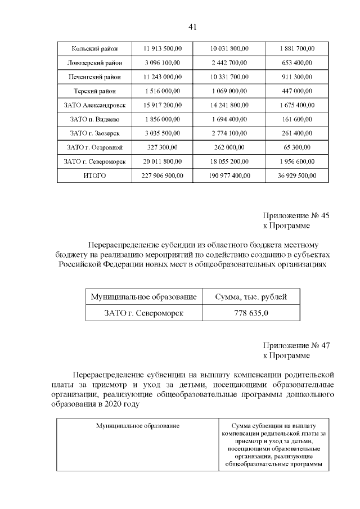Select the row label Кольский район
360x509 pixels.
94,48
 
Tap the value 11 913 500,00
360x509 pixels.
161,48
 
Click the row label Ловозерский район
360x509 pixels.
94,62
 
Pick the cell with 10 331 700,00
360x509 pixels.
229,76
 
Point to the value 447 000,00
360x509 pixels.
296,91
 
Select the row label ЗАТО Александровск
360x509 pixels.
94,105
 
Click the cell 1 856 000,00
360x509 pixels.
161,119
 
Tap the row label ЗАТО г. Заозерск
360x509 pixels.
94,133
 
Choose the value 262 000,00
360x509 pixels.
229,147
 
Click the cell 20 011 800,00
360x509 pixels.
161,161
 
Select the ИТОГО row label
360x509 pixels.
94,176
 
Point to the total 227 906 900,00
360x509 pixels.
161,176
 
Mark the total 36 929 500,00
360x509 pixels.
296,176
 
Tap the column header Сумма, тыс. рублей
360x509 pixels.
251,296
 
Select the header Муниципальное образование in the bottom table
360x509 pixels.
138,426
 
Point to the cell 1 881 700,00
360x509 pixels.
296,48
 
